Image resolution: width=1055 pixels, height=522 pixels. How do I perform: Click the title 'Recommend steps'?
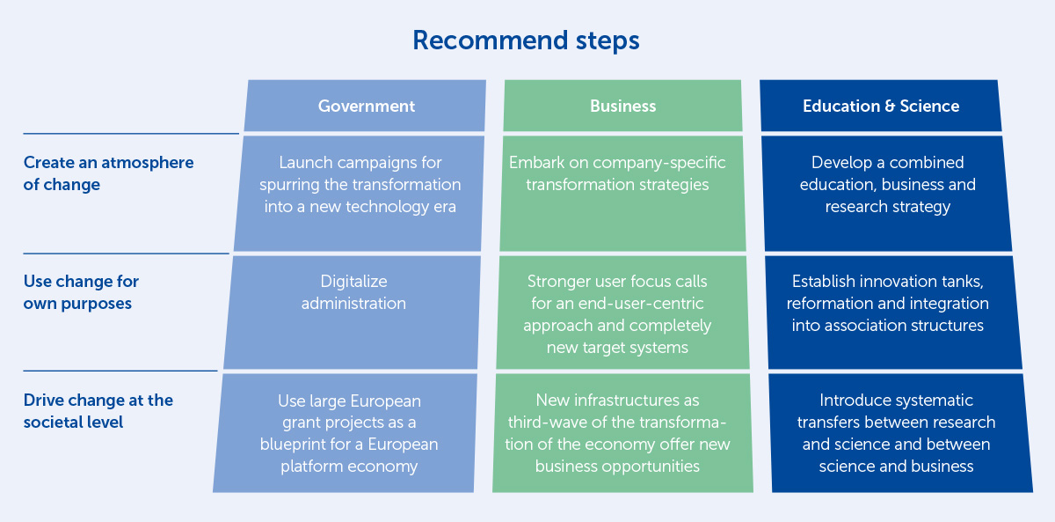526,40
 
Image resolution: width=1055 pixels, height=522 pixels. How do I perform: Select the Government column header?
366,106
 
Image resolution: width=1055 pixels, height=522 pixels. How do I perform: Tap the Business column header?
622,106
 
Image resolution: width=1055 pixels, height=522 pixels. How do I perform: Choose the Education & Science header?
881,106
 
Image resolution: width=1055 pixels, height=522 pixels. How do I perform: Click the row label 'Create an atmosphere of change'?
108,173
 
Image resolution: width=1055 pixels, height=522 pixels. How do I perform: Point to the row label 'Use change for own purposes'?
81,292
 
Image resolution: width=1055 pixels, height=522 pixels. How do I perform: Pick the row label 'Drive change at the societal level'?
98,411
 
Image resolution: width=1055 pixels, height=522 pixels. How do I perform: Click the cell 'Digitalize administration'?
353,312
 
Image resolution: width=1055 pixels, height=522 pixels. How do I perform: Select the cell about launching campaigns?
359,194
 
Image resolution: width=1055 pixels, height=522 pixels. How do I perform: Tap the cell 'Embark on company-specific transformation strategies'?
622,194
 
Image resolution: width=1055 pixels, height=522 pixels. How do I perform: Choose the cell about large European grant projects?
345,433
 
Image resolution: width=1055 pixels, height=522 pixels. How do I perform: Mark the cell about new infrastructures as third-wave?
622,433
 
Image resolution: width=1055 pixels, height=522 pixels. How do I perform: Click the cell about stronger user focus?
622,312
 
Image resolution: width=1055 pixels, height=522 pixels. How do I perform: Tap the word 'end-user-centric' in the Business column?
641,304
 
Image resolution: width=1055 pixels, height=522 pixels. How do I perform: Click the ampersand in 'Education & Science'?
890,107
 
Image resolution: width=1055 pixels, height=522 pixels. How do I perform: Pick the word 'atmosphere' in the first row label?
148,163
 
